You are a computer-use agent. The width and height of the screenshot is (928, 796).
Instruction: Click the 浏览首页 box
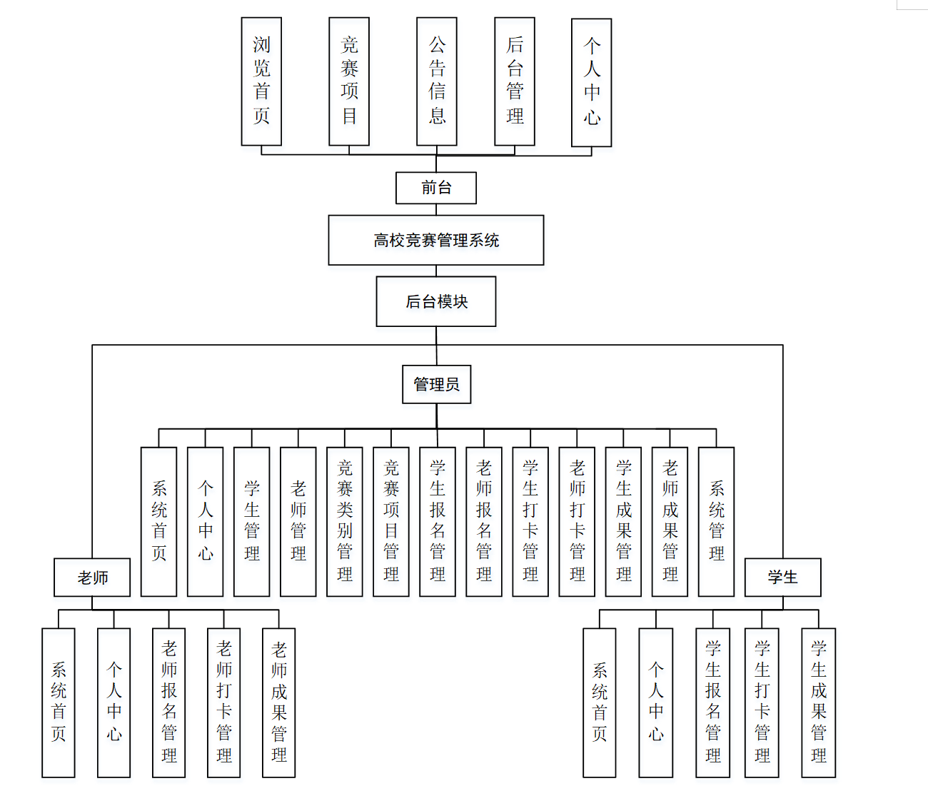261,81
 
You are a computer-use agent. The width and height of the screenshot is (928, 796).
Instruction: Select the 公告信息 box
437,81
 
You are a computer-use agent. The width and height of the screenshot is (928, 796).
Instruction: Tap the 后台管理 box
515,81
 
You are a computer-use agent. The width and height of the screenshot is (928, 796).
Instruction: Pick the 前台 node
436,188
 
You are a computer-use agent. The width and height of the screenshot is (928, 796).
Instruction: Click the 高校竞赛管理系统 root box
436,240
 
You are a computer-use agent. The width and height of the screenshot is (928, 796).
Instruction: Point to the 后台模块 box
436,301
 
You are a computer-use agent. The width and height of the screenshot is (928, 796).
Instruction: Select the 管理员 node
437,385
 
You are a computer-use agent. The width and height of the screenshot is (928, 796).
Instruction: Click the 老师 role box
92,578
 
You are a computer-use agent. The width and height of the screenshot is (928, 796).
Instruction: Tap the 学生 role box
783,578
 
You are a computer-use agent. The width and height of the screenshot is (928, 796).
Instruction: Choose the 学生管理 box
252,522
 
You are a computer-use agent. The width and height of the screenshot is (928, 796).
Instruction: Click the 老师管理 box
298,522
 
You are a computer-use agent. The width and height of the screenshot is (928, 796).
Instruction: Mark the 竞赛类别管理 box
345,522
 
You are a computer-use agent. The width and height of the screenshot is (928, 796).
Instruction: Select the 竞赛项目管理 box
391,522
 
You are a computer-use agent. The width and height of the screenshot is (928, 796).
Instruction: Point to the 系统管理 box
716,522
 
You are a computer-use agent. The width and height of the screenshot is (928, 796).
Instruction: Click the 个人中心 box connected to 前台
592,82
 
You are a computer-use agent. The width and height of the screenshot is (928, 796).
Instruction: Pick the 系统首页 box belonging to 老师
59,702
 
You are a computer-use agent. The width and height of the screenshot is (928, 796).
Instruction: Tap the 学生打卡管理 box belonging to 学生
762,702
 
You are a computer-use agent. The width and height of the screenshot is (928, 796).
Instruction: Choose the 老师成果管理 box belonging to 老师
279,702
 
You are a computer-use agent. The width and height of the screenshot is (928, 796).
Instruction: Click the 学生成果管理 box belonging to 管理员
623,522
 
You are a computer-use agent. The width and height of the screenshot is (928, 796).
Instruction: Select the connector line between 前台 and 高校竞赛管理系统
436,210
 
